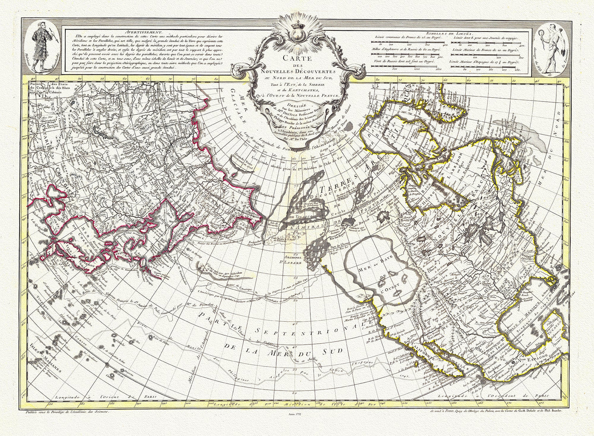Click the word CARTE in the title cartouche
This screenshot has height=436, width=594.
(x=296, y=58)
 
